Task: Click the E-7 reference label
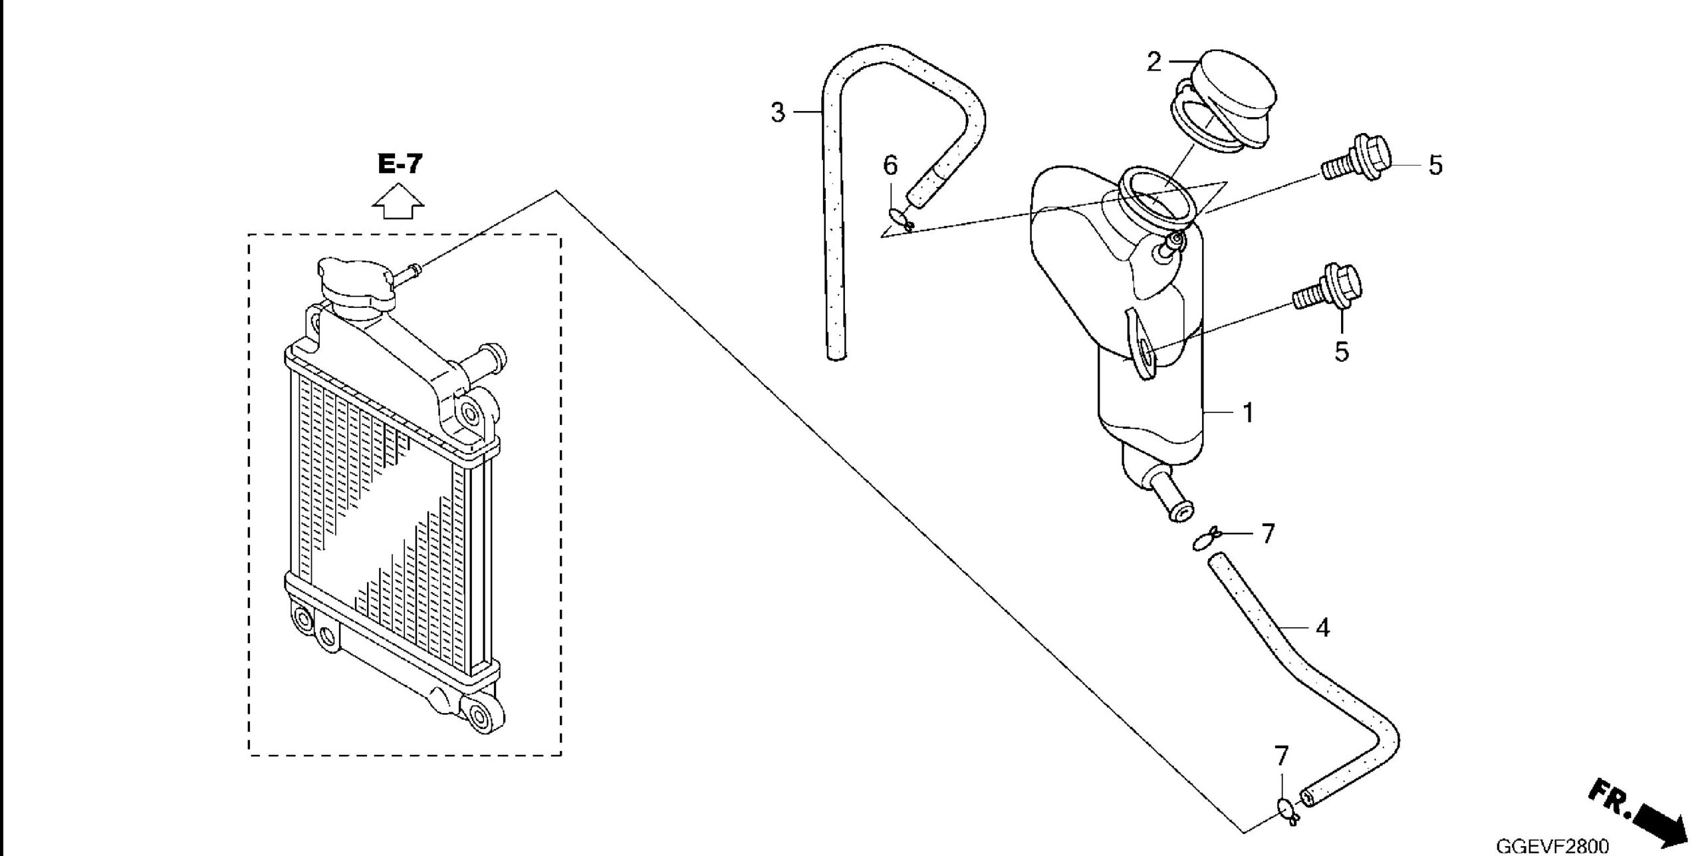pos(400,163)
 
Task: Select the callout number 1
pos(1248,413)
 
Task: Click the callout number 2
pos(1154,62)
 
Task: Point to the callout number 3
pos(778,112)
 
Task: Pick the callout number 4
pos(1323,627)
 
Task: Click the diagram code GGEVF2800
pos(1552,846)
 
